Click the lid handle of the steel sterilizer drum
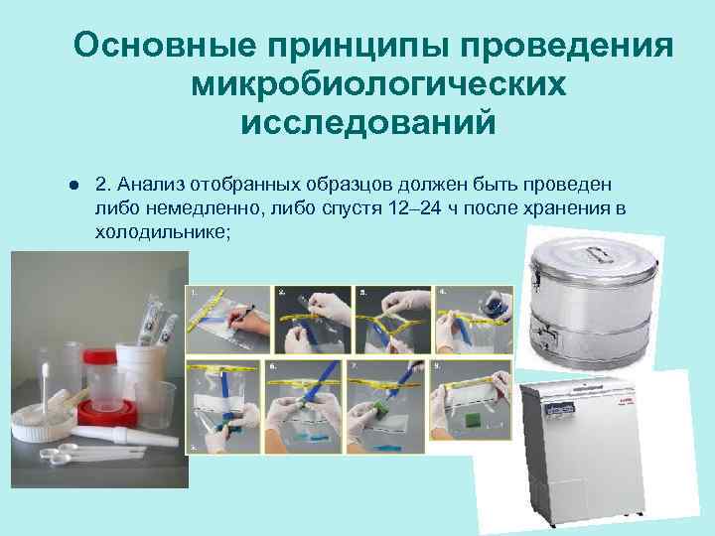point(597,244)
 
